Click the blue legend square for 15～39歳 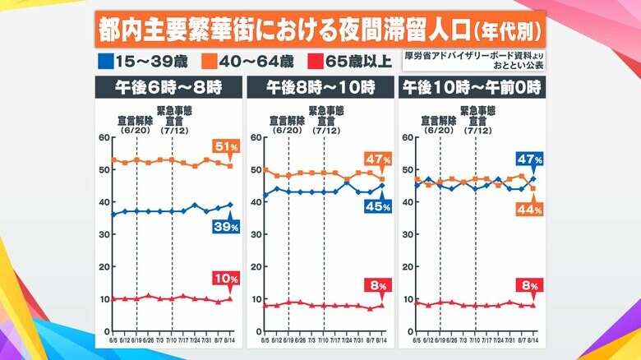coord(104,60)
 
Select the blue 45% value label coord(377,205)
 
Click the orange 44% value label coord(528,210)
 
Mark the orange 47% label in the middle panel coord(377,159)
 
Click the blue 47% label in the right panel coord(528,159)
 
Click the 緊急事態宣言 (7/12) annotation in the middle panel coord(324,120)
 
